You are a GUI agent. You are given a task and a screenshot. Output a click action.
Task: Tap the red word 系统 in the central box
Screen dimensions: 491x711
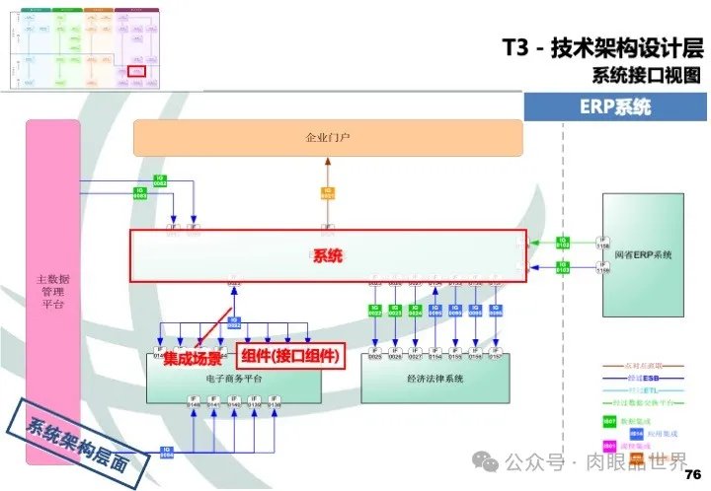[327, 256]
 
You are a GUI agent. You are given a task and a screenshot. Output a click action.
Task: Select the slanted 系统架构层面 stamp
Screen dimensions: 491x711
[78, 440]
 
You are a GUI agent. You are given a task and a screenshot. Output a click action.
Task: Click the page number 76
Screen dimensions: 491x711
[691, 473]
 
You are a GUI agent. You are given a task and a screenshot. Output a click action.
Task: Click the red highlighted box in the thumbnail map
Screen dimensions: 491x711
[137, 70]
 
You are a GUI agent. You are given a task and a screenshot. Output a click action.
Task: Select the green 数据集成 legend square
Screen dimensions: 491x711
[609, 421]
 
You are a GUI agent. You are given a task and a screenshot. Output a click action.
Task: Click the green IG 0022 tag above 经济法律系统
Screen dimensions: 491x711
[375, 309]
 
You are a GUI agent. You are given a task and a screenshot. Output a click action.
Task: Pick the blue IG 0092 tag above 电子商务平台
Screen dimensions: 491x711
[235, 321]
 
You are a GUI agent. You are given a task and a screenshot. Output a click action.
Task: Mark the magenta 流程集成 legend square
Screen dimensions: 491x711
[609, 446]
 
